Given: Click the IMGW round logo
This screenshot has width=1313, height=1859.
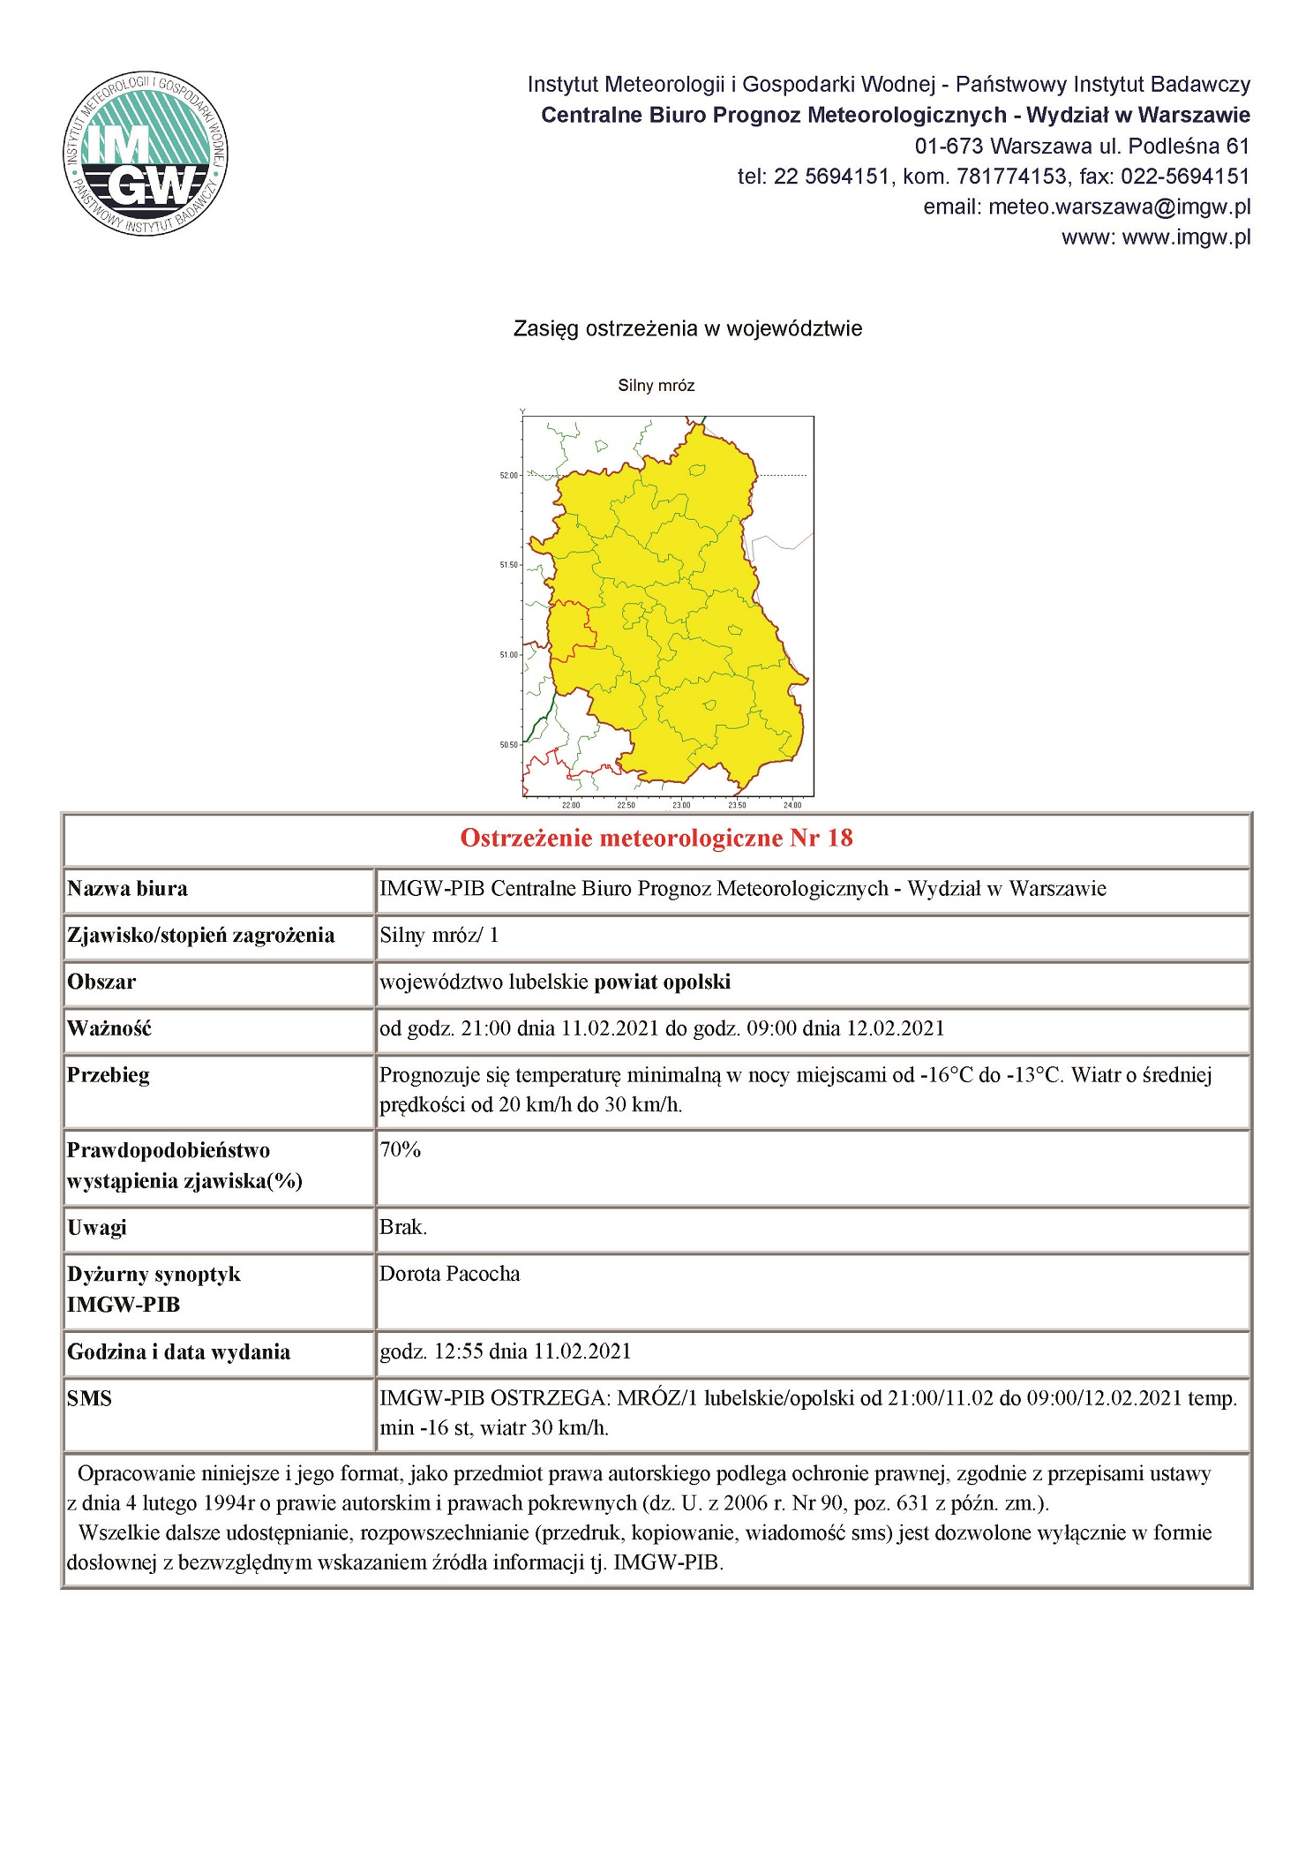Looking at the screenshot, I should (146, 154).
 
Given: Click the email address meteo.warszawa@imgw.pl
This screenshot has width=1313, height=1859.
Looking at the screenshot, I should (1119, 207).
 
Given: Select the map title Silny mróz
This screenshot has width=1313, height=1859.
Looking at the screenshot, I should (656, 386).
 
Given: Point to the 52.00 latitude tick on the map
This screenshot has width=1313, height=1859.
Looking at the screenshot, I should (509, 476).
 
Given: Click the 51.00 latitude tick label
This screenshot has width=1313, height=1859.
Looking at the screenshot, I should (509, 655).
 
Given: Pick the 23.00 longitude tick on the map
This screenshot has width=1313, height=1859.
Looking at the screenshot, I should (681, 804).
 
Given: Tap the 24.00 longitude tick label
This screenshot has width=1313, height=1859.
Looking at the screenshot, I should (792, 804).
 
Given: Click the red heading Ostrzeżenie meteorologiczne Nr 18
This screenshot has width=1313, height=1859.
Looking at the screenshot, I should (656, 839).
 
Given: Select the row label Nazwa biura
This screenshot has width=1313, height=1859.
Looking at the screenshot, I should (128, 889).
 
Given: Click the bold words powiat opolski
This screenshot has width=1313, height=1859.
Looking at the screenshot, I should (663, 982).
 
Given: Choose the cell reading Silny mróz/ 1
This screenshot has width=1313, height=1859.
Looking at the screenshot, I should (439, 936).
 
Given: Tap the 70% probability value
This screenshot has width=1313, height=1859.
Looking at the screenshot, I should (401, 1149).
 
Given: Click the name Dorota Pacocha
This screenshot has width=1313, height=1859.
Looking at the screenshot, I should (450, 1274).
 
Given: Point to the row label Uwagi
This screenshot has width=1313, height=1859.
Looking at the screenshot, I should (97, 1228).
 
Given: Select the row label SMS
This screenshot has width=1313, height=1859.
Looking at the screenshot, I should (90, 1399).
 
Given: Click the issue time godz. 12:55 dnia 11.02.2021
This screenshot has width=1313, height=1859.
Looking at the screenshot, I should (506, 1351).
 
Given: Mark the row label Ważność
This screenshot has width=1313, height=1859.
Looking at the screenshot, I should (109, 1029).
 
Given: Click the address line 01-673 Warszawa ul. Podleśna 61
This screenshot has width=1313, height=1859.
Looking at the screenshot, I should (1082, 146).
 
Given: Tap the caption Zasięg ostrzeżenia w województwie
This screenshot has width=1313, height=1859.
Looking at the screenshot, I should (687, 329).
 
